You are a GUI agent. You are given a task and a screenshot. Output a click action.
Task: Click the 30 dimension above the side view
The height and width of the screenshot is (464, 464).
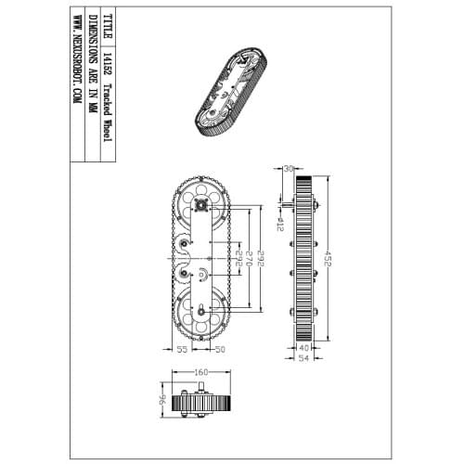(x=288, y=169)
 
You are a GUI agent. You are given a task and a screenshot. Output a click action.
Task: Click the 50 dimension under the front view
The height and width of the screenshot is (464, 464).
(x=220, y=349)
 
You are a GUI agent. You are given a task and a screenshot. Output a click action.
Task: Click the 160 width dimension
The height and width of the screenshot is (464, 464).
(x=200, y=373)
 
